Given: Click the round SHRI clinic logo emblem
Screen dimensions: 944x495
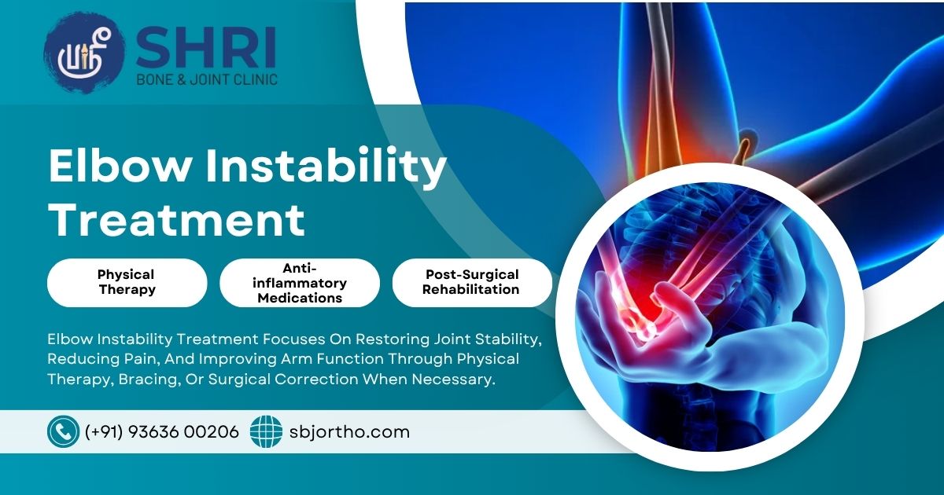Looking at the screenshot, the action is tap(85, 53).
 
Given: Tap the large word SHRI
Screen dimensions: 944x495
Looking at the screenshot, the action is tap(206, 47).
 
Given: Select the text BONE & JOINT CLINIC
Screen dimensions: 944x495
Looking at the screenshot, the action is tap(207, 79).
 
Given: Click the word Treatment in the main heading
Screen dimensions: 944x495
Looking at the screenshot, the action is tap(177, 220).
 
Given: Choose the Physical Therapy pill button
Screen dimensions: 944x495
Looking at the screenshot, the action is tap(127, 282).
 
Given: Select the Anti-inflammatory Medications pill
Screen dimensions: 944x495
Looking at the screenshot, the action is tap(300, 282).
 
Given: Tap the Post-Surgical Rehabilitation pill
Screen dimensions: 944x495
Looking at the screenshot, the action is tap(472, 282).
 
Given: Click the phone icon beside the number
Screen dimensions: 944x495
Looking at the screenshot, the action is tap(63, 431).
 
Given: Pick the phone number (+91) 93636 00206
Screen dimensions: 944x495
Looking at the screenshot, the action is tap(162, 432).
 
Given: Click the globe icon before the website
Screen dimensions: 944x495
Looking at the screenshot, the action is tap(266, 431).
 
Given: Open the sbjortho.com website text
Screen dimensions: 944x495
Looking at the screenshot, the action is tap(349, 432).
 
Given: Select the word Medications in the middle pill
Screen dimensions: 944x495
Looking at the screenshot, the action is tap(300, 298).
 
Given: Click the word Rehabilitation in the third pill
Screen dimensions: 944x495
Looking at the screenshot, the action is tap(470, 290).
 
